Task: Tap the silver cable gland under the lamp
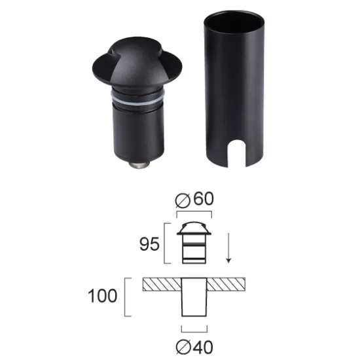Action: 139,165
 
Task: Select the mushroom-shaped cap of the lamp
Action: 137,64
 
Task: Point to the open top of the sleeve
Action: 234,21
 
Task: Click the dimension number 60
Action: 204,199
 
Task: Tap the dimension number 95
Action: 149,244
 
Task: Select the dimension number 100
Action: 102,296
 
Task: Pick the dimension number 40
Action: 204,348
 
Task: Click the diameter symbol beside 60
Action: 183,200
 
